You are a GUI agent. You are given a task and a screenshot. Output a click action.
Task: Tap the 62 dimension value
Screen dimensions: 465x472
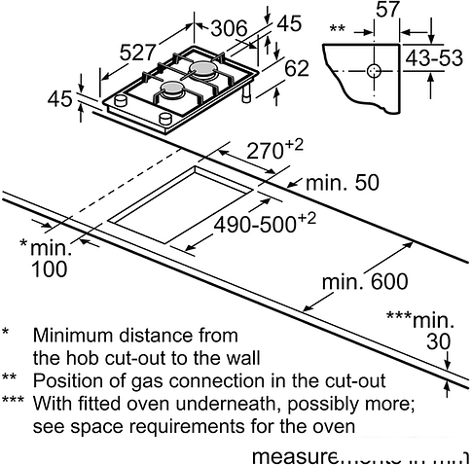pos(297,69)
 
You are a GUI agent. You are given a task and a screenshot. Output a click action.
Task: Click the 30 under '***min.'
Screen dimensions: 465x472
pos(440,340)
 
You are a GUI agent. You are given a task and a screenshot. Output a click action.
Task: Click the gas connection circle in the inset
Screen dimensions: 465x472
pos(375,71)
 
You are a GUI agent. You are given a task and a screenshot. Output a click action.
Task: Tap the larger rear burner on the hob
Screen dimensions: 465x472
pos(204,70)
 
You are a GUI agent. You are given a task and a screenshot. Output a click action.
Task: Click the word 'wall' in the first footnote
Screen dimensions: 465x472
pos(220,357)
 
